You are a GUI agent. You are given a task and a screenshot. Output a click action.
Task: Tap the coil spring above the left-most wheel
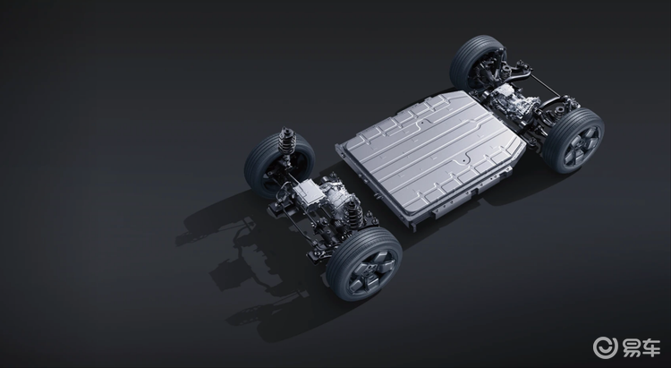[x=288, y=143]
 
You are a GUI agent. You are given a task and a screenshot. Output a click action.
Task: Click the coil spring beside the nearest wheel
[x=352, y=215]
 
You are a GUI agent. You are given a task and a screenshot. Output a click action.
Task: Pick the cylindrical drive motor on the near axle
[x=335, y=199]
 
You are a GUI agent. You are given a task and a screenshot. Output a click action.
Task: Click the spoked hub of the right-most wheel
[x=578, y=143]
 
